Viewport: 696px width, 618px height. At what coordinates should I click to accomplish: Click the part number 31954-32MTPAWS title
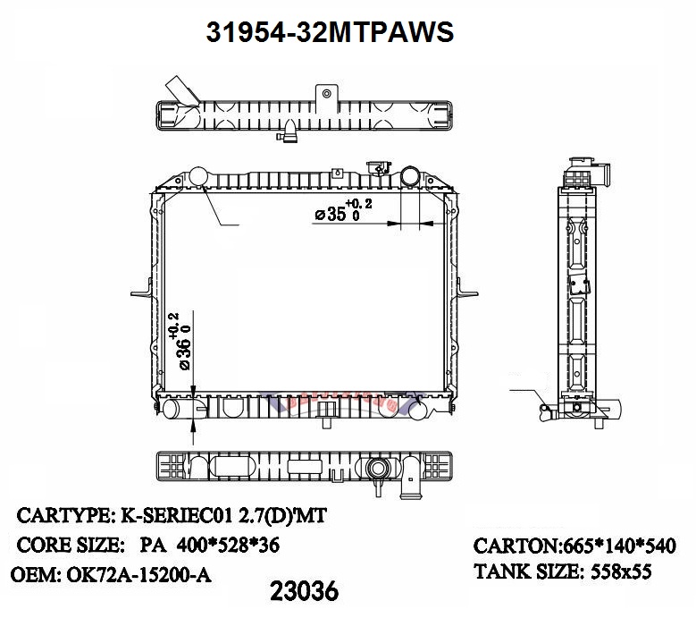(330, 32)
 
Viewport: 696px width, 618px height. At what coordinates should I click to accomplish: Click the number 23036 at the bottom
(304, 591)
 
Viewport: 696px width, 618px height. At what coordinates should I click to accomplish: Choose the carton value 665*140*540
(619, 546)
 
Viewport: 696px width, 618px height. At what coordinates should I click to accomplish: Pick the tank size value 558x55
(621, 571)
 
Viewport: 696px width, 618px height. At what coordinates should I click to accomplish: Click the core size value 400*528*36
(228, 545)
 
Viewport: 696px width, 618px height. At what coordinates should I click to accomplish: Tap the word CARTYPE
(64, 515)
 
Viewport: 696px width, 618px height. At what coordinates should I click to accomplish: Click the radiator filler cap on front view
(379, 167)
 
